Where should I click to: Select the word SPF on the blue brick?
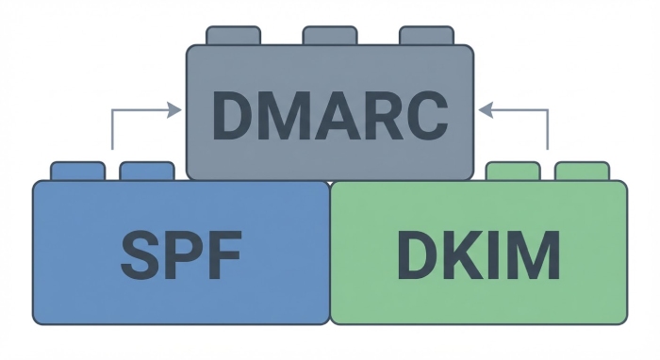click(x=181, y=253)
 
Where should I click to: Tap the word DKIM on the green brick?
click(x=478, y=253)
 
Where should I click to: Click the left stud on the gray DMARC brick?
click(x=233, y=36)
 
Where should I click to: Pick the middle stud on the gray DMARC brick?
click(x=329, y=36)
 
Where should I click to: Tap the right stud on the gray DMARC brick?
click(x=426, y=36)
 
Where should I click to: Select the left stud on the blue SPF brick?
click(x=77, y=171)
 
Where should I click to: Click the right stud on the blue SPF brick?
click(x=147, y=171)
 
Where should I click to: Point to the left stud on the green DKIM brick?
click(x=513, y=171)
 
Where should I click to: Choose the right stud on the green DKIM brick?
click(x=582, y=171)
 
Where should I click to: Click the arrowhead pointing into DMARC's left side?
click(x=174, y=110)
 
